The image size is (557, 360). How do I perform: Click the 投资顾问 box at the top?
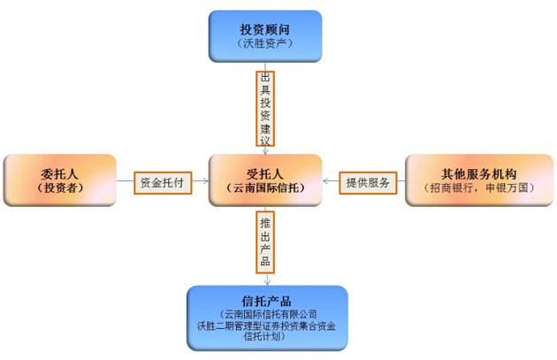(x=264, y=35)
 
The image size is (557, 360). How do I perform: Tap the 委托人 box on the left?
(x=60, y=181)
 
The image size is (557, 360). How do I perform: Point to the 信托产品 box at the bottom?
(x=266, y=318)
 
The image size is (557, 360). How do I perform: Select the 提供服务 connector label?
(x=368, y=182)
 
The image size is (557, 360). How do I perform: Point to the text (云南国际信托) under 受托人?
(x=264, y=188)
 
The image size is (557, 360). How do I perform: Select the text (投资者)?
(x=59, y=188)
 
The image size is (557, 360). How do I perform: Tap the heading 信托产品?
(x=266, y=300)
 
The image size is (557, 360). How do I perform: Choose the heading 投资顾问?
(x=264, y=27)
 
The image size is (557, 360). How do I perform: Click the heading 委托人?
(x=59, y=173)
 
